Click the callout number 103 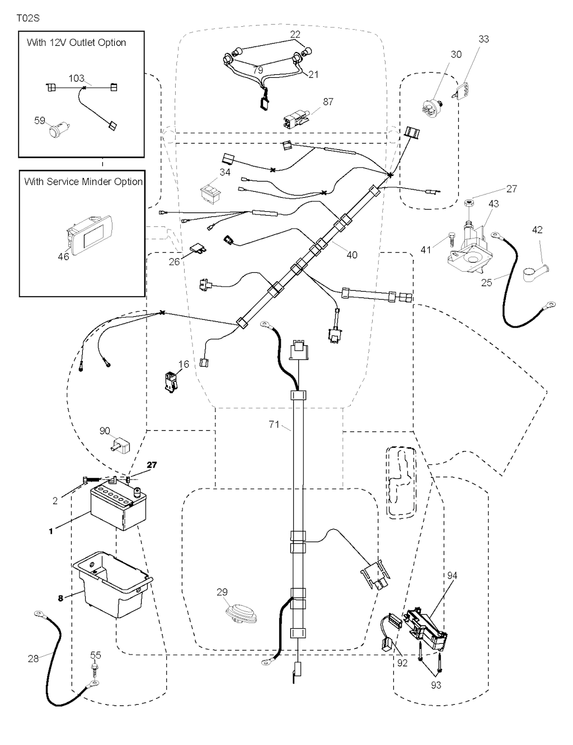pos(77,78)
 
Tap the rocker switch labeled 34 pos(210,191)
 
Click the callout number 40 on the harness pos(352,255)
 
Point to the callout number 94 pos(452,575)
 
